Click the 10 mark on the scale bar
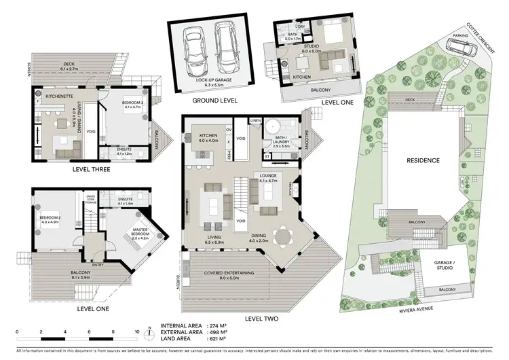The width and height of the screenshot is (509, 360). [x=137, y=332]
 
